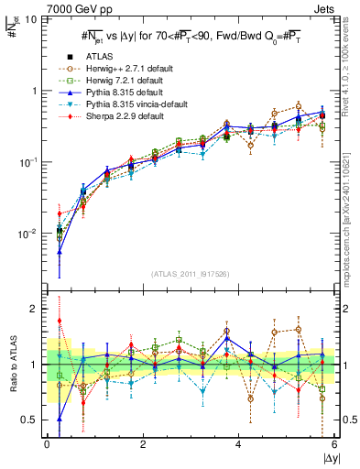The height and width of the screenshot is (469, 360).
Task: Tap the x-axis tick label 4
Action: pos(239,444)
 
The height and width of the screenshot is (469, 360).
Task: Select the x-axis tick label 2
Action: pos(143,444)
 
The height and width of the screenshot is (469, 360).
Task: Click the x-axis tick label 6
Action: pos(334,444)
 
